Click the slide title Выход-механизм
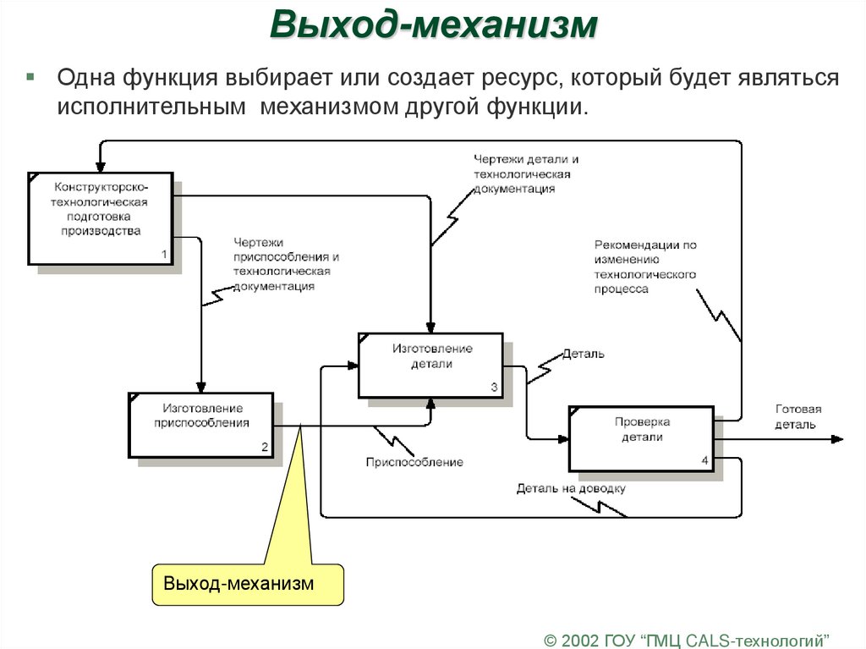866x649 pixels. (433, 25)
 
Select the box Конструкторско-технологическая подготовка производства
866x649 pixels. (101, 217)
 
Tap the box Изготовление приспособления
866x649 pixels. (201, 424)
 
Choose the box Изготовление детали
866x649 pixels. (430, 365)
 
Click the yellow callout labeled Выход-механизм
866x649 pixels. (248, 584)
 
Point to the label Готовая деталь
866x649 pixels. (797, 416)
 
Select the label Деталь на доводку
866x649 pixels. (571, 488)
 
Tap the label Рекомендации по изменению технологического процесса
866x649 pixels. (644, 267)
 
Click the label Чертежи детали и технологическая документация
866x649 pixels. (526, 174)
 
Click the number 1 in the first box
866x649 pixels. (164, 254)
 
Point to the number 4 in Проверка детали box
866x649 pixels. (704, 460)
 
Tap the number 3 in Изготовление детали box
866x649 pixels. (494, 387)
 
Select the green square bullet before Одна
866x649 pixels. (30, 77)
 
